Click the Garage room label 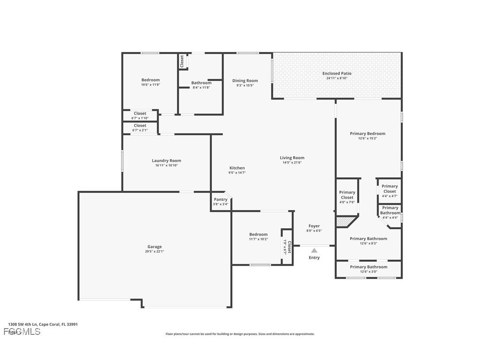(154, 247)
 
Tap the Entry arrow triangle (314, 250)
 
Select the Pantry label (221, 199)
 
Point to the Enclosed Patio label (337, 73)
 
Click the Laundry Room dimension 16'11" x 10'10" (167, 165)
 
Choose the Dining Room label (245, 80)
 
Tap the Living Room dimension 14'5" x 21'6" (292, 162)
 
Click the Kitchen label (237, 168)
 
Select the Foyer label (314, 226)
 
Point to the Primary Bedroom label (367, 134)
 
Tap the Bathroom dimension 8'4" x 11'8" (201, 88)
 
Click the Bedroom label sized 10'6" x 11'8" (150, 80)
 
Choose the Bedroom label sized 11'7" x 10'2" (258, 234)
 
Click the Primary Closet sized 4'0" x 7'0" (347, 195)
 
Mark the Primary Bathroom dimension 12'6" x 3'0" (369, 272)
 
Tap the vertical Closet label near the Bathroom (182, 61)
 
